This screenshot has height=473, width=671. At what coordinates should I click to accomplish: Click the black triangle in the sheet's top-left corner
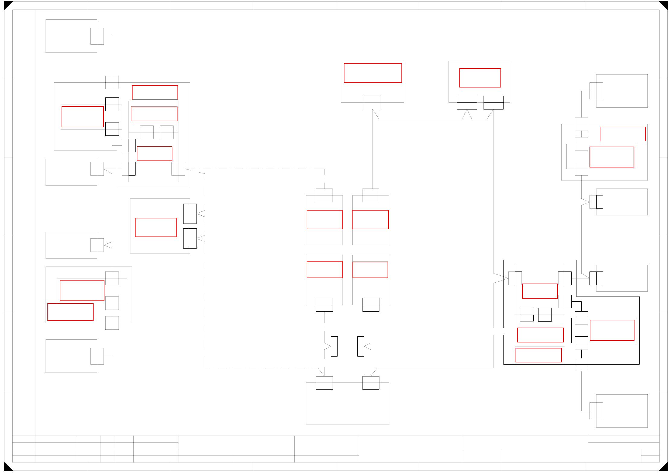point(7,5)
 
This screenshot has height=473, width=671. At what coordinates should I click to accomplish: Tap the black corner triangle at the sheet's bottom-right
point(664,467)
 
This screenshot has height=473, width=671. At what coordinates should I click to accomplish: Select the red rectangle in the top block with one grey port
point(373,73)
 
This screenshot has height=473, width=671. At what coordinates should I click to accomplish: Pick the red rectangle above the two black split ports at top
point(480,78)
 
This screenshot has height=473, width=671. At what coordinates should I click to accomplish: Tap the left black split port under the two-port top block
point(467,103)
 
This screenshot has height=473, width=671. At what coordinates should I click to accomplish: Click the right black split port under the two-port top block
point(494,103)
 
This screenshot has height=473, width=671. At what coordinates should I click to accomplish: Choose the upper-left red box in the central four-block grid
point(324,220)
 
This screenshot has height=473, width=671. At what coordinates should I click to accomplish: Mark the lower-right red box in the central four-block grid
point(370,270)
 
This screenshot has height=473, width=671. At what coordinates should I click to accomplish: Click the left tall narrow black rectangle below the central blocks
point(334,346)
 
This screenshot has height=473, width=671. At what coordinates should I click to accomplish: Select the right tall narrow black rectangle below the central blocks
point(361,346)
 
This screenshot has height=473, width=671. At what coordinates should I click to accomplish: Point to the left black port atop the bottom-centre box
point(324,383)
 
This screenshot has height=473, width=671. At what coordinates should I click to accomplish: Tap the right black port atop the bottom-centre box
point(371,383)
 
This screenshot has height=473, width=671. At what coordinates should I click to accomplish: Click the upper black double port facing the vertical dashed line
point(190,214)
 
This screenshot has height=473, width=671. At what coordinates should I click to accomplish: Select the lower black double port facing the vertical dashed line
point(190,238)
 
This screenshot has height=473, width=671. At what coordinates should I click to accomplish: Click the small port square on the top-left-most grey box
point(97,36)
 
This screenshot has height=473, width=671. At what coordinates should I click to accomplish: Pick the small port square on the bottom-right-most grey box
point(596,411)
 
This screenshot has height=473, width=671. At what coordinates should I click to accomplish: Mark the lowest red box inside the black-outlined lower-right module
point(538,355)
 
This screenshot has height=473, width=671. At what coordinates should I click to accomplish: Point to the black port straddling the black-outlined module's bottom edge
point(581,364)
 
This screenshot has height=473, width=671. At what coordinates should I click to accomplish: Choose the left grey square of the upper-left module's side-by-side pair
point(147,132)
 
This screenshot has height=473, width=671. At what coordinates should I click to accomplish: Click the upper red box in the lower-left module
point(82,290)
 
